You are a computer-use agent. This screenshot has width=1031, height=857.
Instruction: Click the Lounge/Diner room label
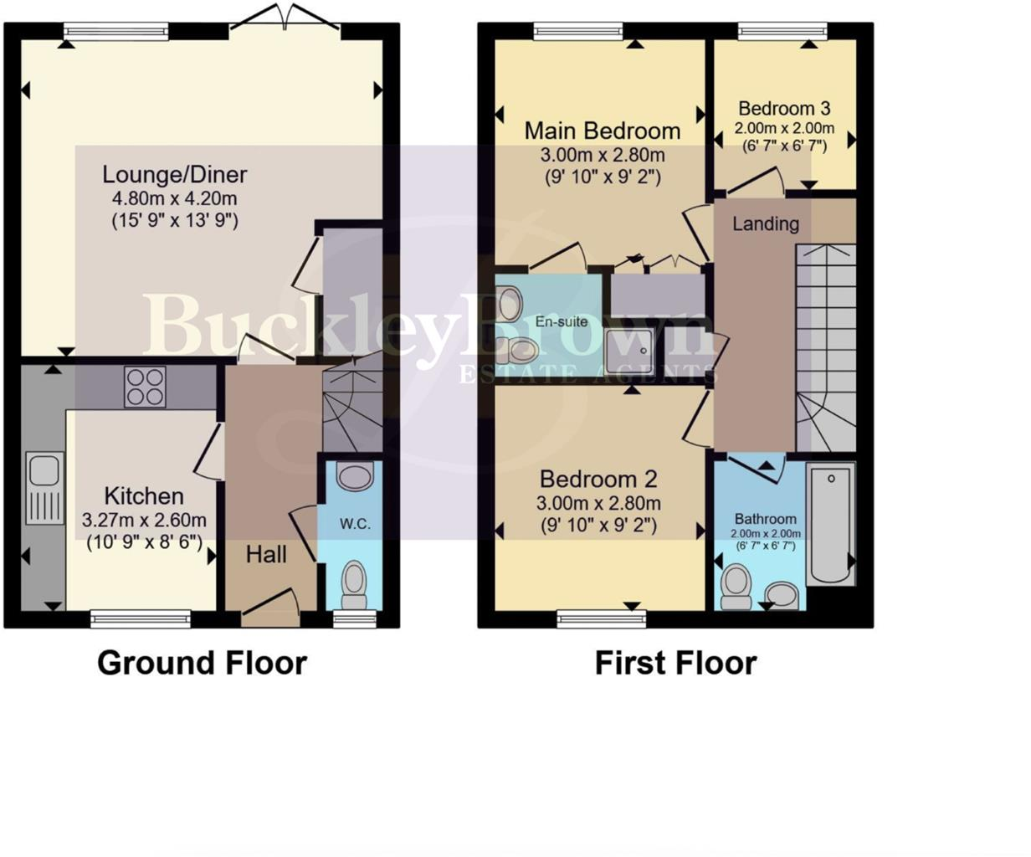(174, 175)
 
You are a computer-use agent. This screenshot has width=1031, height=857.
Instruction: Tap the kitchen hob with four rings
(145, 387)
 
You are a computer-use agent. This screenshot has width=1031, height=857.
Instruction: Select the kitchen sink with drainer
(44, 488)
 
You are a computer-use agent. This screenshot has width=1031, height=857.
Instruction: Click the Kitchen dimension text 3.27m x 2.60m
(144, 521)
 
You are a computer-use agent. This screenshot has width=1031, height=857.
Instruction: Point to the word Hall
(266, 554)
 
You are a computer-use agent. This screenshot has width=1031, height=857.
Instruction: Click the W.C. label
(355, 525)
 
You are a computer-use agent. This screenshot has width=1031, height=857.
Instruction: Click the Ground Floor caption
(202, 663)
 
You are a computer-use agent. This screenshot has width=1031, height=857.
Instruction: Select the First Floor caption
(675, 663)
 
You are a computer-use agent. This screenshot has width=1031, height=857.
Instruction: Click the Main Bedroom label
(602, 131)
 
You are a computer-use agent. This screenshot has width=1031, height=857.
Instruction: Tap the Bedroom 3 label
(784, 109)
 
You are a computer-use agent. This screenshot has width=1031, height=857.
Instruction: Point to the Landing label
(765, 223)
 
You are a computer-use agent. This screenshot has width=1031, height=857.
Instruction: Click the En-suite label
(562, 321)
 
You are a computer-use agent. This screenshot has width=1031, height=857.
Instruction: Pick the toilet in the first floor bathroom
(736, 586)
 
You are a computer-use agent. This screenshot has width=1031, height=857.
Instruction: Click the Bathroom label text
(765, 519)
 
